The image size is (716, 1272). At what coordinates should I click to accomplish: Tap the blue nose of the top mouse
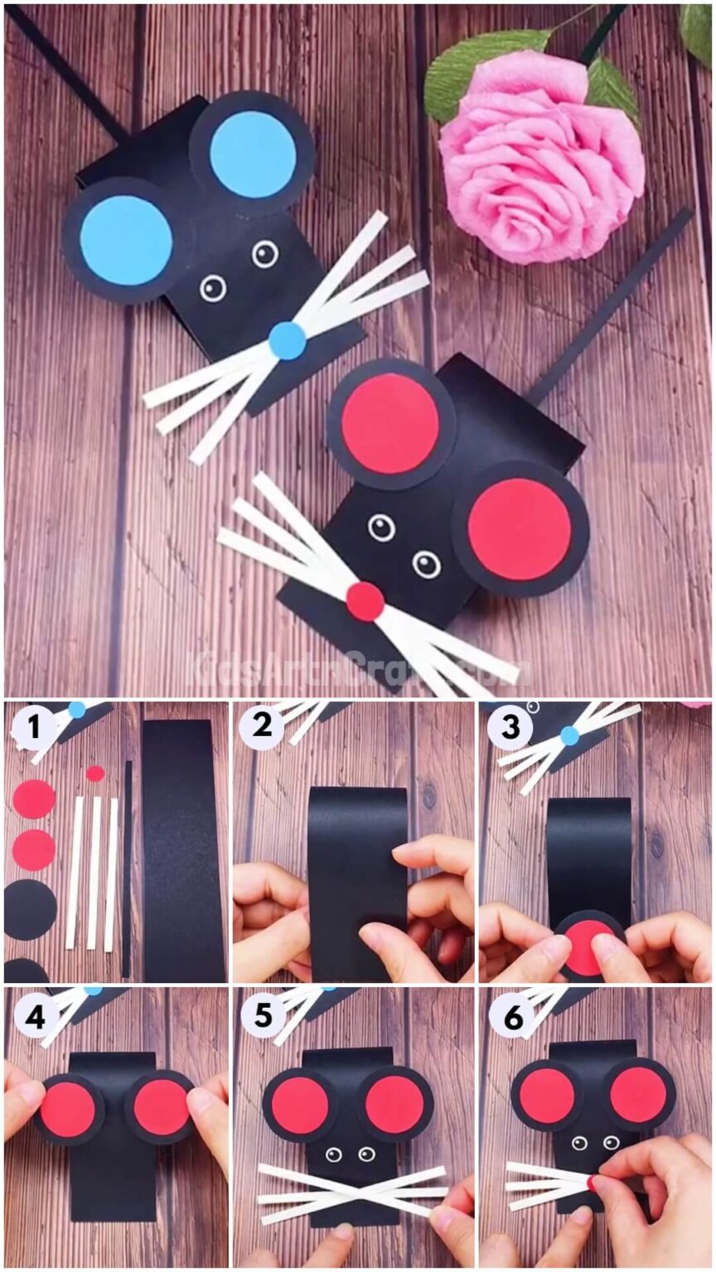(288, 340)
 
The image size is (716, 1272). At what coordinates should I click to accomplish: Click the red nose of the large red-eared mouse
(365, 601)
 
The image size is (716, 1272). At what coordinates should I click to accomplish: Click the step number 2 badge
(263, 727)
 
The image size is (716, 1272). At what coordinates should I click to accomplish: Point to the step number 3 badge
(510, 727)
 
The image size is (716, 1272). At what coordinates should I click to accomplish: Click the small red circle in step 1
(95, 773)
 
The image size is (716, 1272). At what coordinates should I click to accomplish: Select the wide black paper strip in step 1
(184, 849)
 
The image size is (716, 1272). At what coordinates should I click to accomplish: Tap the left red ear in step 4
(68, 1108)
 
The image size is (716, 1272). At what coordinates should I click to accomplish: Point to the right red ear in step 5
(394, 1105)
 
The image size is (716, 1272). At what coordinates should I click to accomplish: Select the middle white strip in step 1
(94, 873)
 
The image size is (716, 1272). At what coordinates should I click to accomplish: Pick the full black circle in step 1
(31, 909)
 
